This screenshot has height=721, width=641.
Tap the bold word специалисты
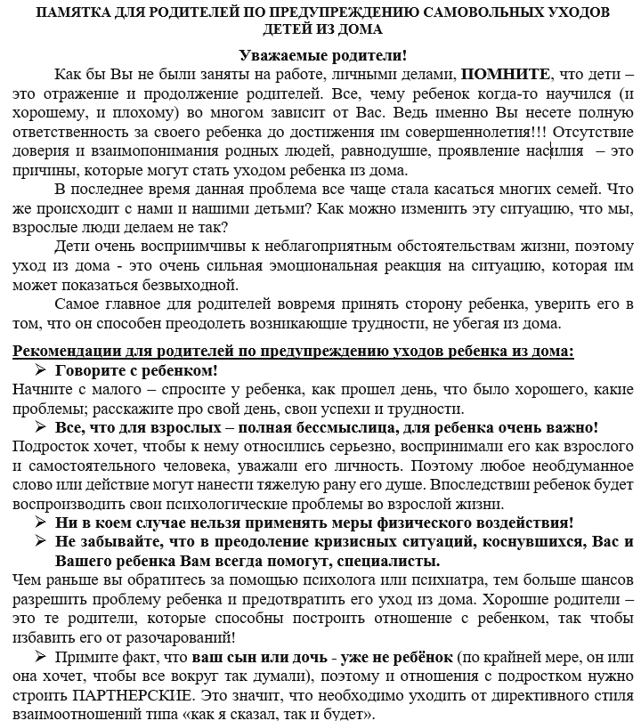[x=388, y=563]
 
